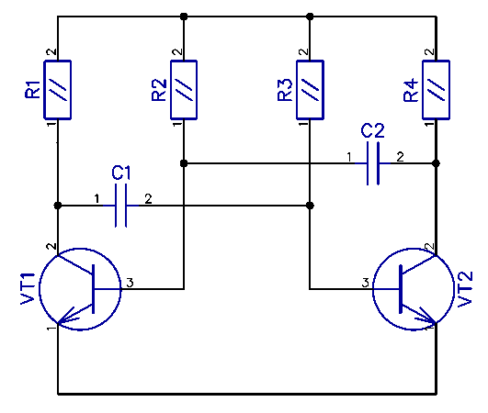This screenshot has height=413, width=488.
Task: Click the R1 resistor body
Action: tap(58, 90)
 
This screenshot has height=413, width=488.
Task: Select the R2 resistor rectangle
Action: tap(184, 90)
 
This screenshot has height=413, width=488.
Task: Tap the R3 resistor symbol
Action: tap(310, 90)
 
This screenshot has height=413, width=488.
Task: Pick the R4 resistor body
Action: tap(436, 90)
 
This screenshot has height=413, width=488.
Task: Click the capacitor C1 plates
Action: tap(120, 206)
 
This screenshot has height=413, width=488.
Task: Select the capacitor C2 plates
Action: tap(373, 163)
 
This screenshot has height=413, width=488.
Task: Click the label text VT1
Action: tap(28, 289)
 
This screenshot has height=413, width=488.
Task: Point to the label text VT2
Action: tap(466, 289)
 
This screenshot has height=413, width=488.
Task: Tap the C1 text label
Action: tap(121, 173)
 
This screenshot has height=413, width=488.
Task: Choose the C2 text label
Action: tap(373, 130)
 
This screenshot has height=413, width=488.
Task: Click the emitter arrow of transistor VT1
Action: tap(66, 317)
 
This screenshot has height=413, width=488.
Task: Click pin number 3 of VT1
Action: tap(130, 283)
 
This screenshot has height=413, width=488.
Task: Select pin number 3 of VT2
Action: tap(366, 283)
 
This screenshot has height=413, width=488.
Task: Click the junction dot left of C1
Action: tap(58, 206)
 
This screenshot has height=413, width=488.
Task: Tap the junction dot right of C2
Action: tap(436, 163)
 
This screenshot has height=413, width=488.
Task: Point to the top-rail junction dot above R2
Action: tap(184, 17)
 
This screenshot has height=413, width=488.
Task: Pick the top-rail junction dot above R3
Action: tap(310, 17)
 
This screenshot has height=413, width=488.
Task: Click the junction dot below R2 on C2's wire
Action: tap(184, 163)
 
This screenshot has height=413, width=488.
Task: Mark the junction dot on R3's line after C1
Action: tap(310, 206)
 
